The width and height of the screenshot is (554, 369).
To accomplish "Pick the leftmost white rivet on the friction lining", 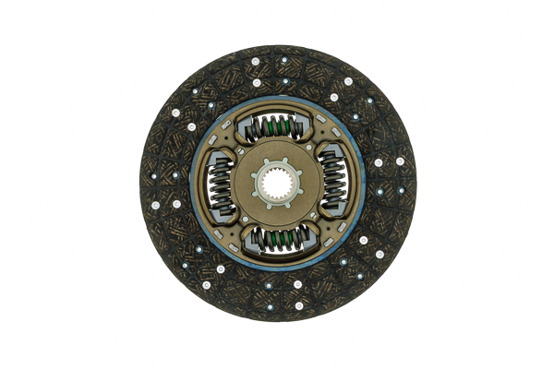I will (154, 204).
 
